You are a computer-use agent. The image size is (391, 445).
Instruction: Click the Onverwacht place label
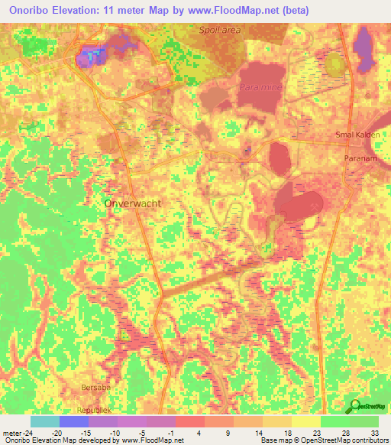pyautogui.click(x=132, y=204)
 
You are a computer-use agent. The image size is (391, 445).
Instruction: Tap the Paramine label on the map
pyautogui.click(x=260, y=89)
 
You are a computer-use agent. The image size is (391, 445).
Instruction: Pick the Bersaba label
pyautogui.click(x=96, y=388)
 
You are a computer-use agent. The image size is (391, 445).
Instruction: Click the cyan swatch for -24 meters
pyautogui.click(x=45, y=421)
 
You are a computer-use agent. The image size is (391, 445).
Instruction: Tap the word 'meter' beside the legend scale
pyautogui.click(x=13, y=432)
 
